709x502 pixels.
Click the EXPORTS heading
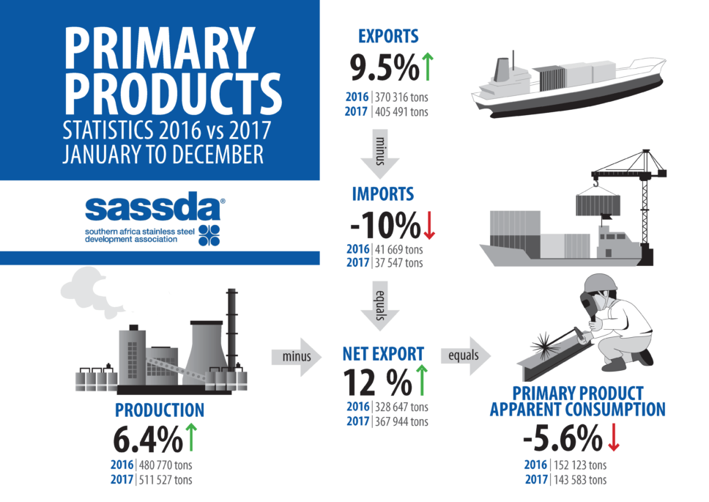click(x=388, y=36)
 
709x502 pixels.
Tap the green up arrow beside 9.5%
click(x=428, y=67)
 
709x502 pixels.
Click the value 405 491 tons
click(x=401, y=111)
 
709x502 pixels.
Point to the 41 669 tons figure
click(x=398, y=249)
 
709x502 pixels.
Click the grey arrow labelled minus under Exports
click(x=380, y=154)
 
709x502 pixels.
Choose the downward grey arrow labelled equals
click(x=380, y=306)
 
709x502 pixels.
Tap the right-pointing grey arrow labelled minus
click(x=297, y=356)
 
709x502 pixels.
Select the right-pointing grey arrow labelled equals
click(x=466, y=355)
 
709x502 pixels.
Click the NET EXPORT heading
click(x=384, y=354)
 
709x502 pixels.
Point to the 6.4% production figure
click(x=148, y=439)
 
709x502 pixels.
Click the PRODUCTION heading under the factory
click(x=160, y=410)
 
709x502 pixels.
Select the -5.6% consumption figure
click(x=563, y=438)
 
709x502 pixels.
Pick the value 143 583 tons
click(x=580, y=480)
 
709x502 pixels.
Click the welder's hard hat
click(x=600, y=283)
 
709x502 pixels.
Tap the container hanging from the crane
click(x=598, y=204)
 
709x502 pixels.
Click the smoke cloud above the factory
click(x=88, y=292)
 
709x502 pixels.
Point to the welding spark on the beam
click(x=544, y=345)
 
